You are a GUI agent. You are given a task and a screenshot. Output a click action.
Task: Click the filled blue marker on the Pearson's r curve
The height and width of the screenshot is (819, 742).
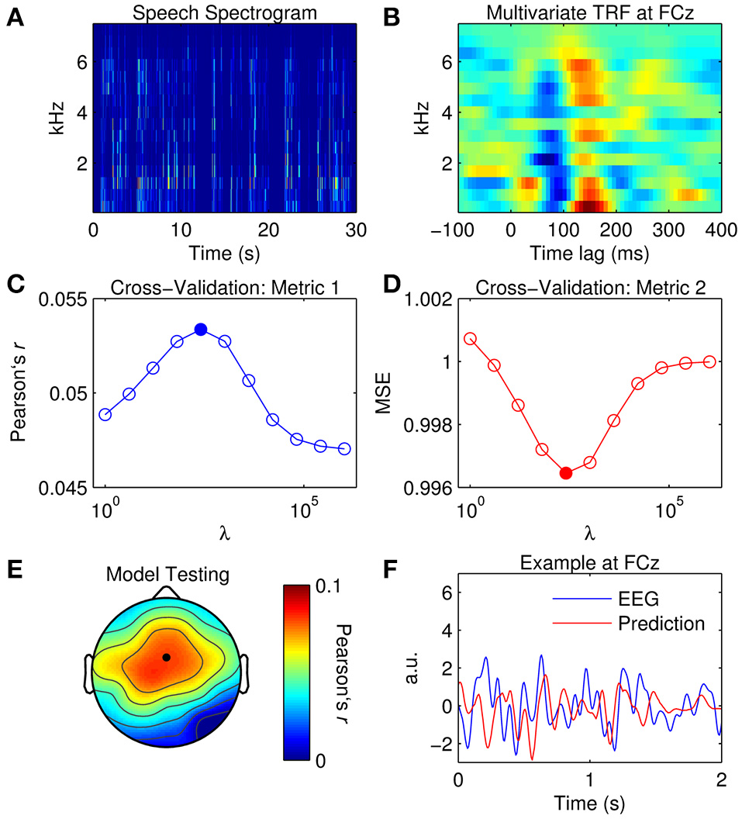pyautogui.click(x=201, y=329)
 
